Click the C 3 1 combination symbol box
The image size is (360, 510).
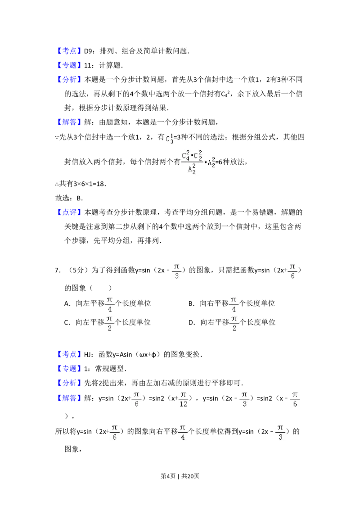[x=169, y=139]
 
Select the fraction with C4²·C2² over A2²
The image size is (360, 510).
[x=198, y=162]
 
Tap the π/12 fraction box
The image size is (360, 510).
[x=184, y=400]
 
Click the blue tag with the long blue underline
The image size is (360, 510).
[x=70, y=51]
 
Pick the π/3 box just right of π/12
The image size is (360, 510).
[x=244, y=400]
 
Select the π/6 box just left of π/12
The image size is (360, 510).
[x=137, y=400]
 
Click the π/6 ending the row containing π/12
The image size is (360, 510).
[x=295, y=400]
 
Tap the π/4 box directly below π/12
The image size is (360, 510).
[x=183, y=432]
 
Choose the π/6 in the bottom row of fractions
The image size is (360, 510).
[x=115, y=432]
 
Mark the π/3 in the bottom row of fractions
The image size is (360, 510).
[x=280, y=432]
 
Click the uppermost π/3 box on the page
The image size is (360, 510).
[x=176, y=272]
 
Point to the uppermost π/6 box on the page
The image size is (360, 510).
[x=292, y=272]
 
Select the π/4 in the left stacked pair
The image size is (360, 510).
[x=109, y=305]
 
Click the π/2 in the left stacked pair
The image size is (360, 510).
[x=108, y=325]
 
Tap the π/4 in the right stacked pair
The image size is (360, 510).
[x=234, y=305]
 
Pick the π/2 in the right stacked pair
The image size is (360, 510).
[x=234, y=325]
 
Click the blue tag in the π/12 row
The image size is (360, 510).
[x=70, y=398]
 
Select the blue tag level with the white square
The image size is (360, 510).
[x=70, y=355]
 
